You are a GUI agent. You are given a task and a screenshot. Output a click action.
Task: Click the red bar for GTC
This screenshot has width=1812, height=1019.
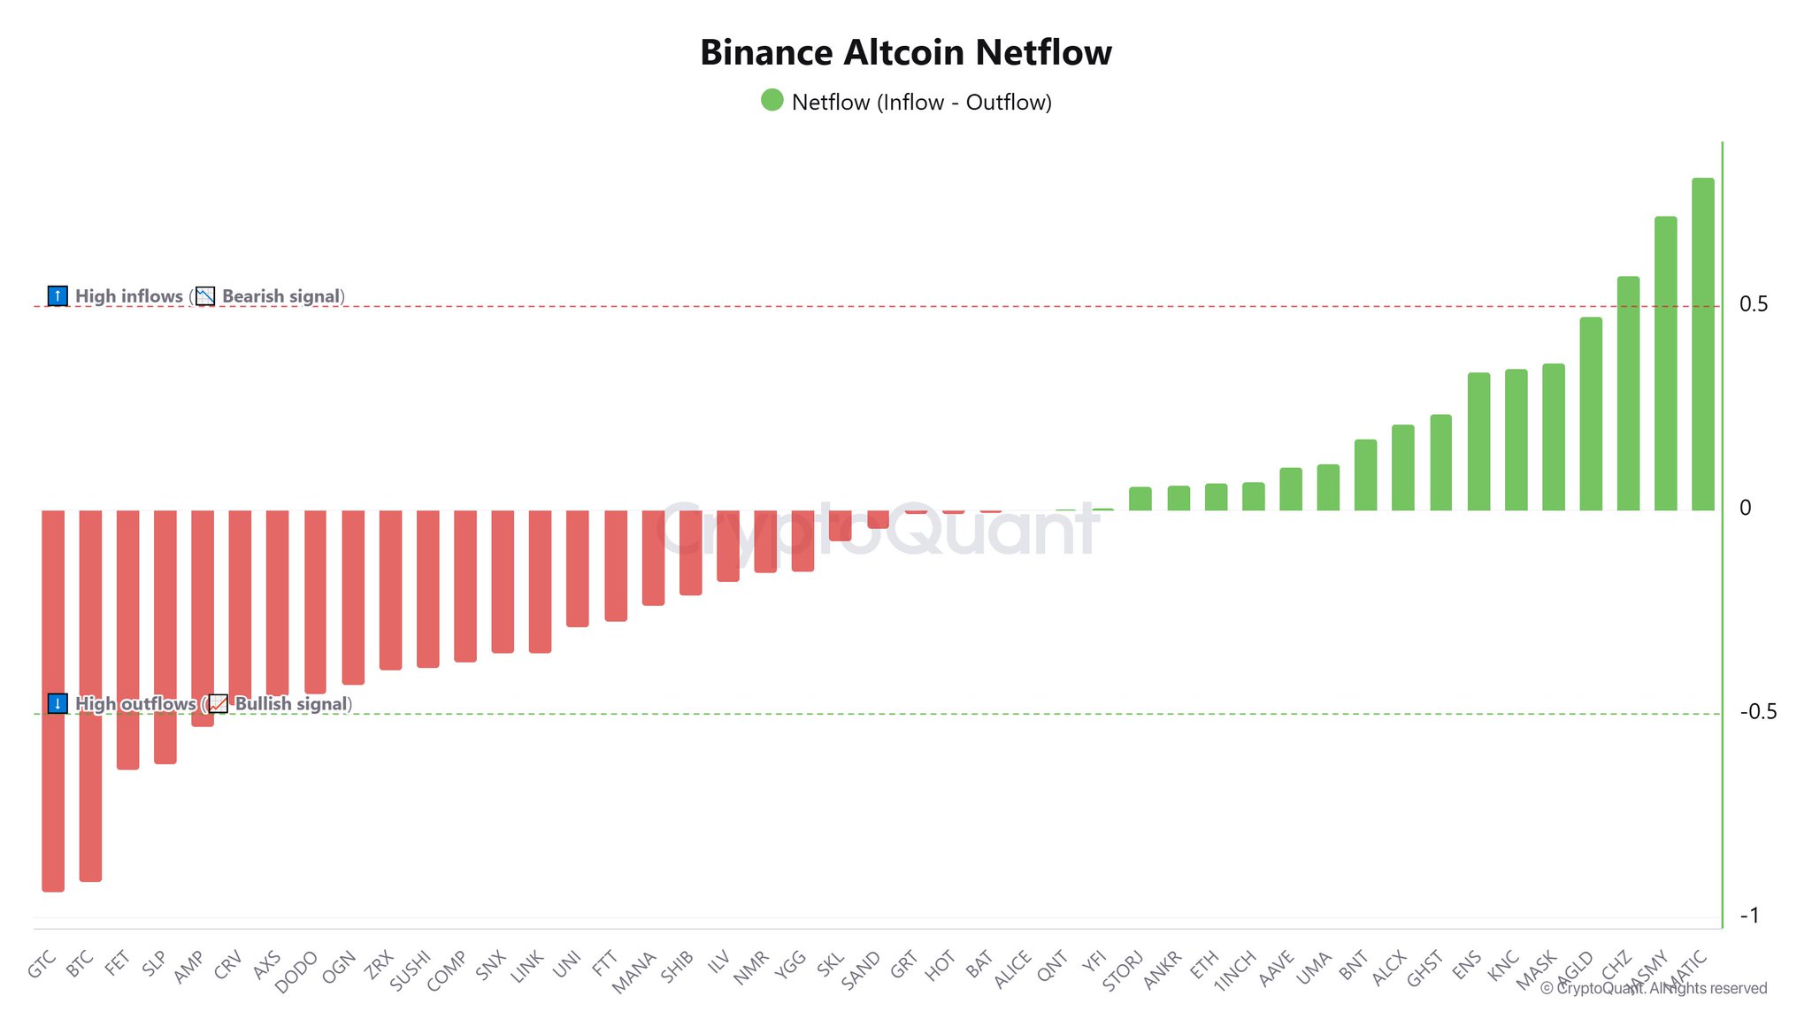point(53,700)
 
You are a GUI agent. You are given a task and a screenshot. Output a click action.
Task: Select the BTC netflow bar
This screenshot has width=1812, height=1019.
point(90,694)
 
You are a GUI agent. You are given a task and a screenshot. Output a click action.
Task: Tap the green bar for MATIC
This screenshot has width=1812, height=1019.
point(1702,344)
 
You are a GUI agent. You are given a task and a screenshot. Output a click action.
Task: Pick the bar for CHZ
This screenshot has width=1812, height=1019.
point(1628,393)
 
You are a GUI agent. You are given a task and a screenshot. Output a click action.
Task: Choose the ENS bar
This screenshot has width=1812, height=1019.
point(1478,441)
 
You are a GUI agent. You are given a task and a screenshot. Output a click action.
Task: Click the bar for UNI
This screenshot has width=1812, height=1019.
point(578,568)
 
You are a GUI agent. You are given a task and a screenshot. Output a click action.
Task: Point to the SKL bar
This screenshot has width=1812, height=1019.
point(840,525)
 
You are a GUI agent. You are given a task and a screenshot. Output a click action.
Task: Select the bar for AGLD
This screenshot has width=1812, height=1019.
point(1591,413)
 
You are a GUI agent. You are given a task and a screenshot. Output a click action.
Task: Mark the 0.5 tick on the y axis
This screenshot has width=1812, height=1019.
point(1754,304)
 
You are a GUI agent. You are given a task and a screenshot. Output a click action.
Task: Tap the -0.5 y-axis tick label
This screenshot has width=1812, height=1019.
point(1757,712)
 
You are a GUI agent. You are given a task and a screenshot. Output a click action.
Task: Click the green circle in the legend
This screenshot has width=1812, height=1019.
point(772,100)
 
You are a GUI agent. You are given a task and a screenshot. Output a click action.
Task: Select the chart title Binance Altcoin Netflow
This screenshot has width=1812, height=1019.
point(905,52)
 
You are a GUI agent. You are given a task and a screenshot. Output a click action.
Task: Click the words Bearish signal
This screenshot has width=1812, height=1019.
point(280,296)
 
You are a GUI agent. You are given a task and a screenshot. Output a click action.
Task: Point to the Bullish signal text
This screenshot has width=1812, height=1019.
point(291,704)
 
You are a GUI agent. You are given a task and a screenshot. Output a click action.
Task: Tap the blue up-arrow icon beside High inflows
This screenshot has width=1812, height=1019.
point(58,295)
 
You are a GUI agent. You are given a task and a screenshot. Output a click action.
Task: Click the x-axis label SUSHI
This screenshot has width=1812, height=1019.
point(411,970)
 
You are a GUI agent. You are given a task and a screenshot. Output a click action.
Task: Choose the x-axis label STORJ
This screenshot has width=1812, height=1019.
point(1124,971)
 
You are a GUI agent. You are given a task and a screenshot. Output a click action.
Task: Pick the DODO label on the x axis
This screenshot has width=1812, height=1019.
point(296,972)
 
